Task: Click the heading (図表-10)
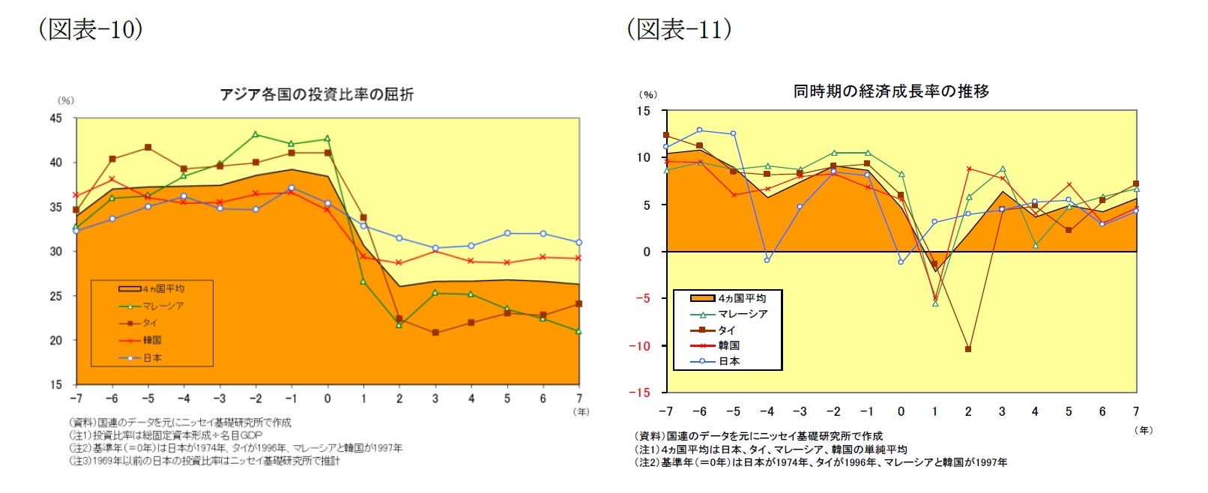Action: [90, 29]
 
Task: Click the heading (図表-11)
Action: [679, 29]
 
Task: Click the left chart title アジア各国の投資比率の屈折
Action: [316, 94]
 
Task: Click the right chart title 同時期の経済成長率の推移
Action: [891, 91]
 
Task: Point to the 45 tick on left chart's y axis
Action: [56, 118]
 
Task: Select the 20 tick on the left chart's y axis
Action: [56, 340]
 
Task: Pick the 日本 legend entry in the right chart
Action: [728, 361]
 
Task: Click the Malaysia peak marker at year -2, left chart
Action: [256, 135]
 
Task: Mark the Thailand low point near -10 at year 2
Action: [968, 349]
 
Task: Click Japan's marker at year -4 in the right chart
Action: [767, 260]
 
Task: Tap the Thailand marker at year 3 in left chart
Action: [435, 333]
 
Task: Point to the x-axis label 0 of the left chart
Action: [327, 399]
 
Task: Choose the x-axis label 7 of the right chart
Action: [1136, 411]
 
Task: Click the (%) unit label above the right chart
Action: [647, 94]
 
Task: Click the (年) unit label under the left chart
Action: [581, 412]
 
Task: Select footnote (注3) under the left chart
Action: [205, 462]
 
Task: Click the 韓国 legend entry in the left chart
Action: [152, 340]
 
